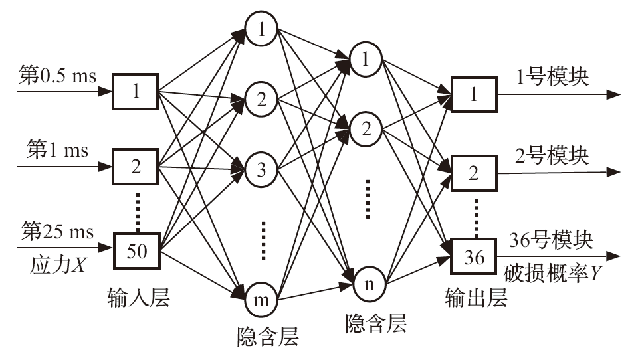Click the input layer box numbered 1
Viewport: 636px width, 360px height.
point(136,92)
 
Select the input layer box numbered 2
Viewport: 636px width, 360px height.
point(136,166)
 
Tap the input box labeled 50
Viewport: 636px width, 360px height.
point(136,251)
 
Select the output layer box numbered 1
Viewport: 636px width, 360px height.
point(473,95)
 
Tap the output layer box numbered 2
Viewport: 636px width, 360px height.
point(473,175)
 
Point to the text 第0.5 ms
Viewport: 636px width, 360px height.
point(58,76)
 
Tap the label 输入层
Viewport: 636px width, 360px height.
point(140,298)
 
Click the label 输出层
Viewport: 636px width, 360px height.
point(477,298)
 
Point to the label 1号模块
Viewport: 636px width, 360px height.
point(552,77)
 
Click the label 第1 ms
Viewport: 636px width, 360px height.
point(57,149)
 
